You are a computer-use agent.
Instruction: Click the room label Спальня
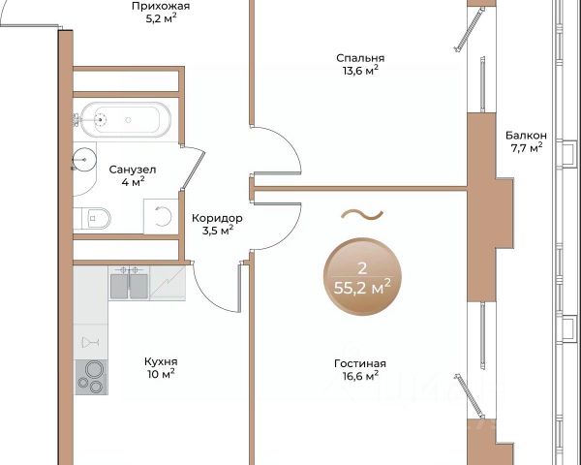pyautogui.click(x=360, y=58)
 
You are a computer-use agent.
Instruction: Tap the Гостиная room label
pyautogui.click(x=360, y=363)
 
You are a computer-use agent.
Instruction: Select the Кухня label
pyautogui.click(x=161, y=361)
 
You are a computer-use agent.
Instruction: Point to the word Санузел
pyautogui.click(x=133, y=170)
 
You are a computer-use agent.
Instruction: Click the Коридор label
pyautogui.click(x=217, y=218)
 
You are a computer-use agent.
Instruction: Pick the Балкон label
pyautogui.click(x=526, y=136)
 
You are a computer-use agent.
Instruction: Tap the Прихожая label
pyautogui.click(x=161, y=6)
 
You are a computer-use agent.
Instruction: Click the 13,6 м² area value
pyautogui.click(x=360, y=71)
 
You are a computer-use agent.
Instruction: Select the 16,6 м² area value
pyautogui.click(x=360, y=376)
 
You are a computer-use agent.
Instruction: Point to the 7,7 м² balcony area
pyautogui.click(x=527, y=147)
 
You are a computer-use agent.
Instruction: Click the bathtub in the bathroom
pyautogui.click(x=126, y=120)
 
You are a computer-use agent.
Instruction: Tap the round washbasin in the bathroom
pyautogui.click(x=84, y=160)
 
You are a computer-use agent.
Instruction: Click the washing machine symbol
pyautogui.click(x=161, y=216)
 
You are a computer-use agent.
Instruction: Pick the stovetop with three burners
pyautogui.click(x=92, y=377)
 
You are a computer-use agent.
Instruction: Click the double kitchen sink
pyautogui.click(x=130, y=284)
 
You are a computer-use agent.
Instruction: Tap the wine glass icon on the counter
pyautogui.click(x=90, y=342)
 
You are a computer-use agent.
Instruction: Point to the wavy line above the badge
pyautogui.click(x=361, y=214)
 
